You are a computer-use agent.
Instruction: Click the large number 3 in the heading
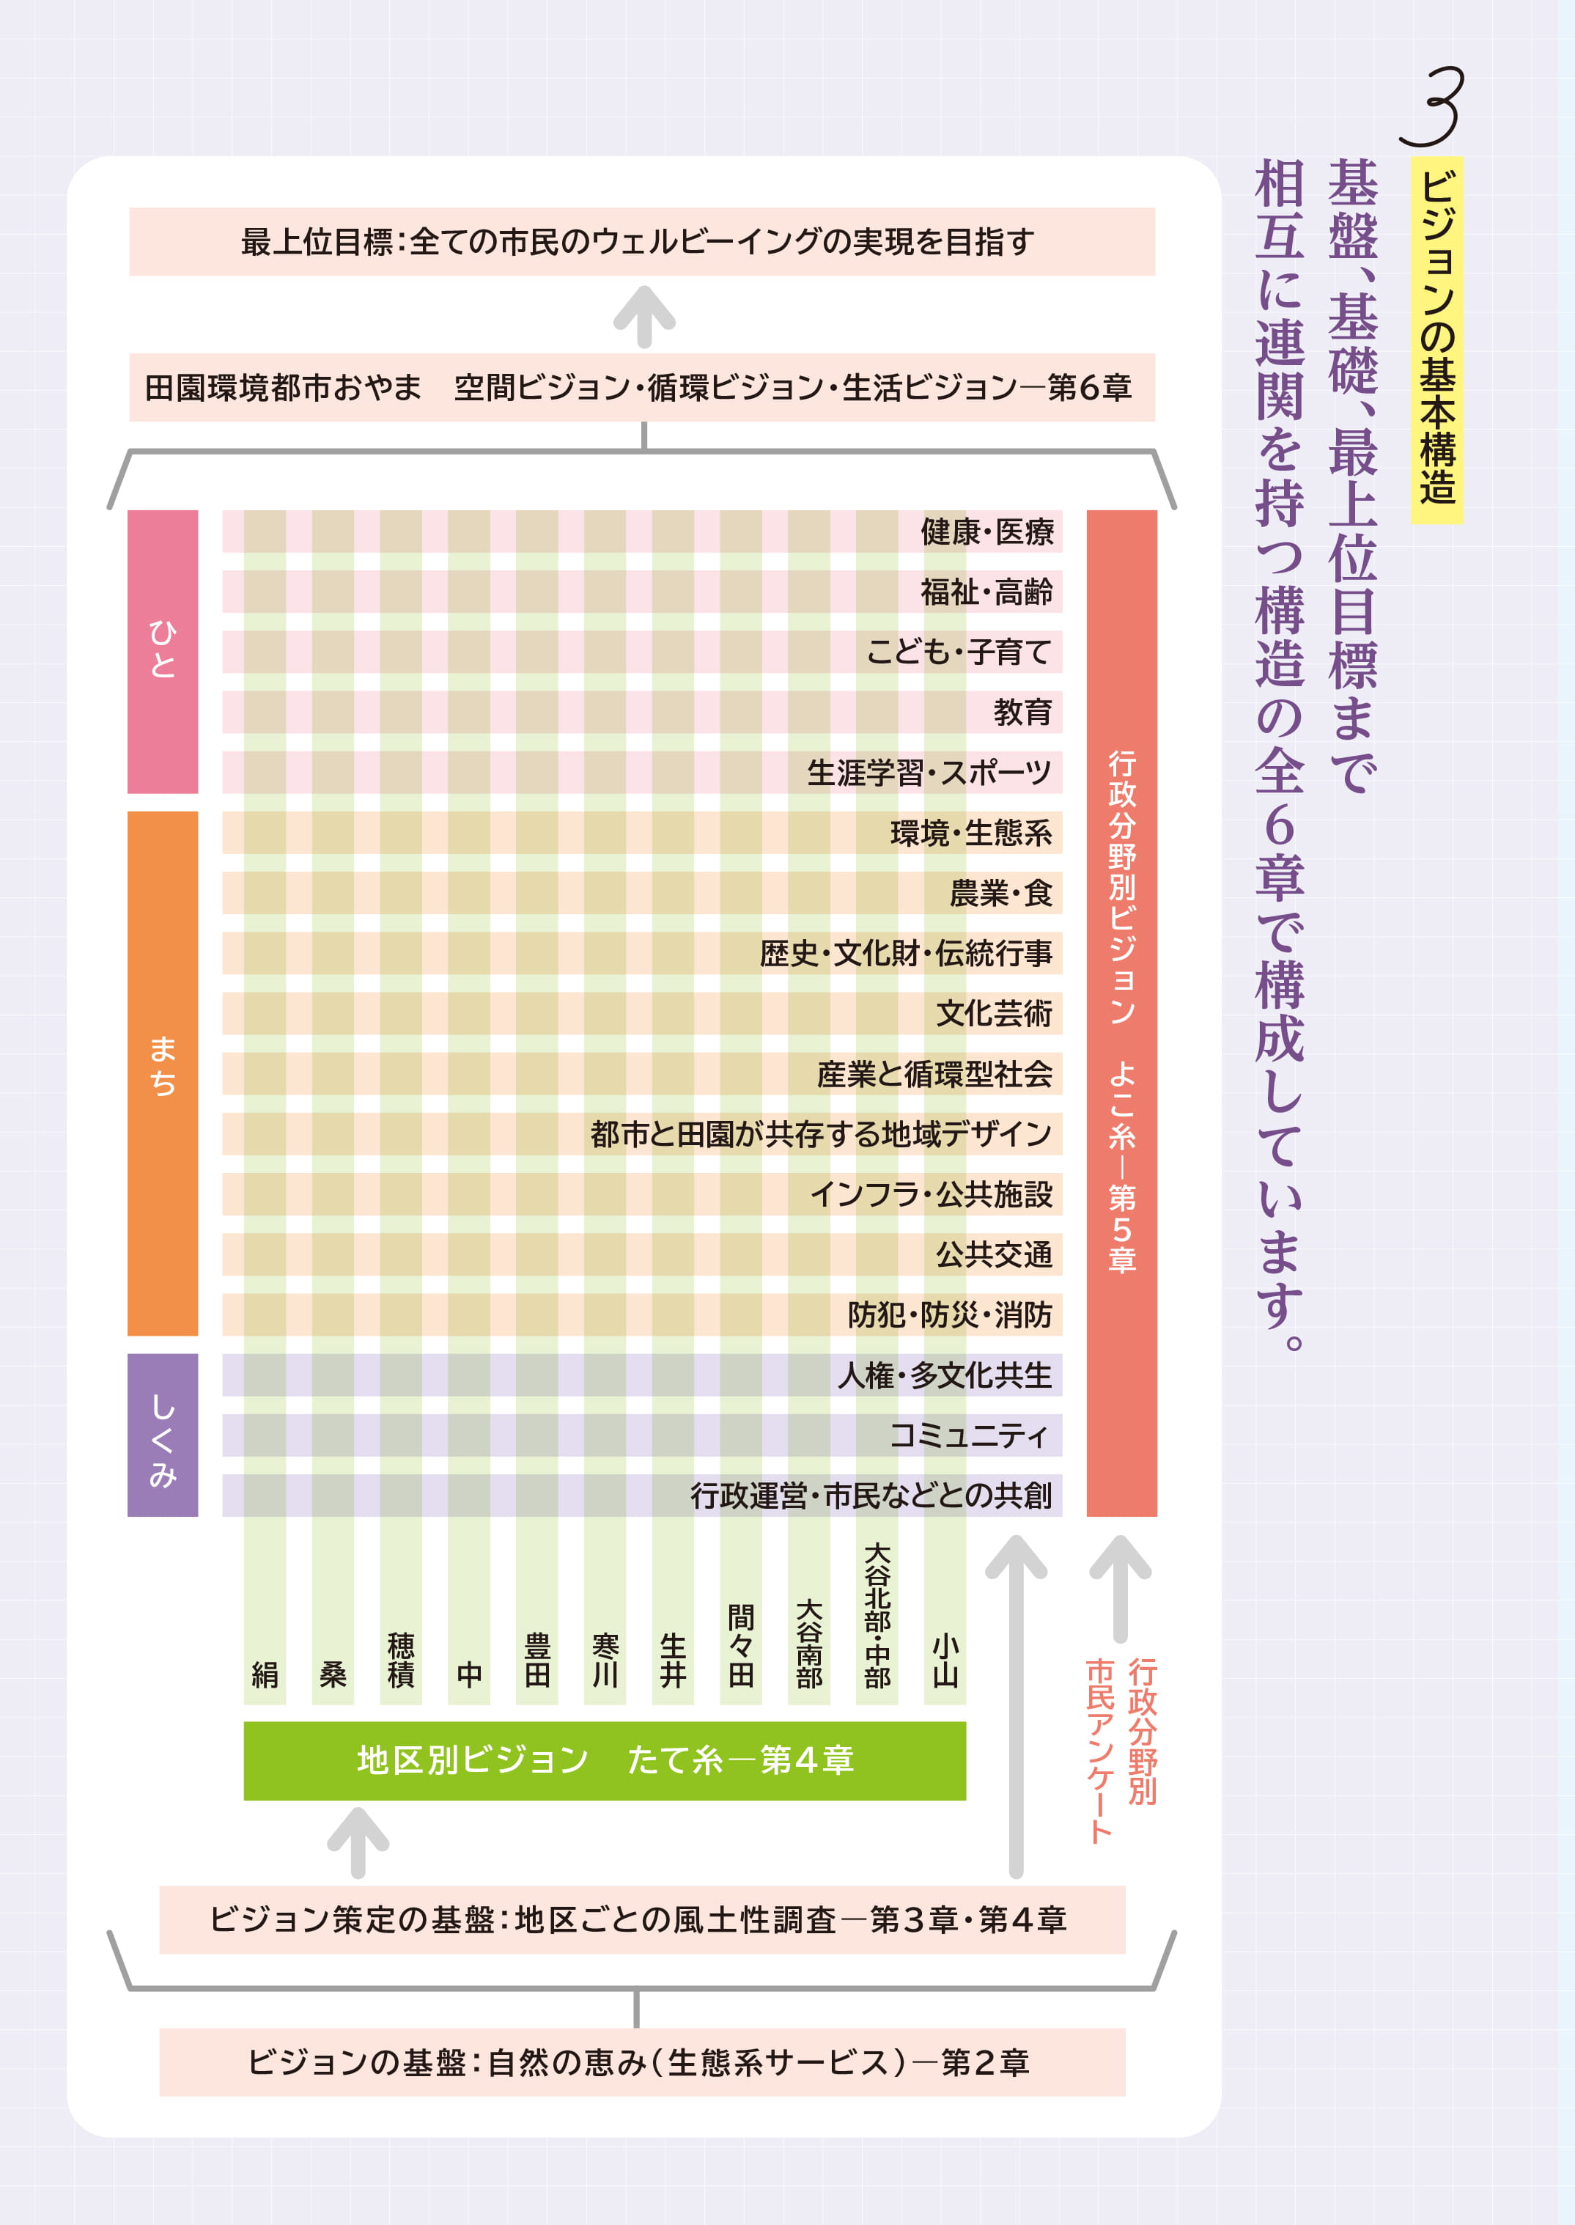point(1432,107)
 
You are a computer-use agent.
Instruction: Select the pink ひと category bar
point(163,651)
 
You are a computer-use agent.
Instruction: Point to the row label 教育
point(1022,712)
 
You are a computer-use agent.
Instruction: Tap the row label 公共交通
point(993,1254)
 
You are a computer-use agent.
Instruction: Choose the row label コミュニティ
point(969,1435)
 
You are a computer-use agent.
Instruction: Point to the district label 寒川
point(605,1660)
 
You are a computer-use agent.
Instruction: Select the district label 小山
point(945,1660)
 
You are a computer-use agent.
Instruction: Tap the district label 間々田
point(741,1645)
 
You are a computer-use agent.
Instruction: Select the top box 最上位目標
point(641,241)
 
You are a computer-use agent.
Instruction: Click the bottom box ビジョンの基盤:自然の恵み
point(641,2061)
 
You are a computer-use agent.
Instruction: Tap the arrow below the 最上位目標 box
point(644,316)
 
